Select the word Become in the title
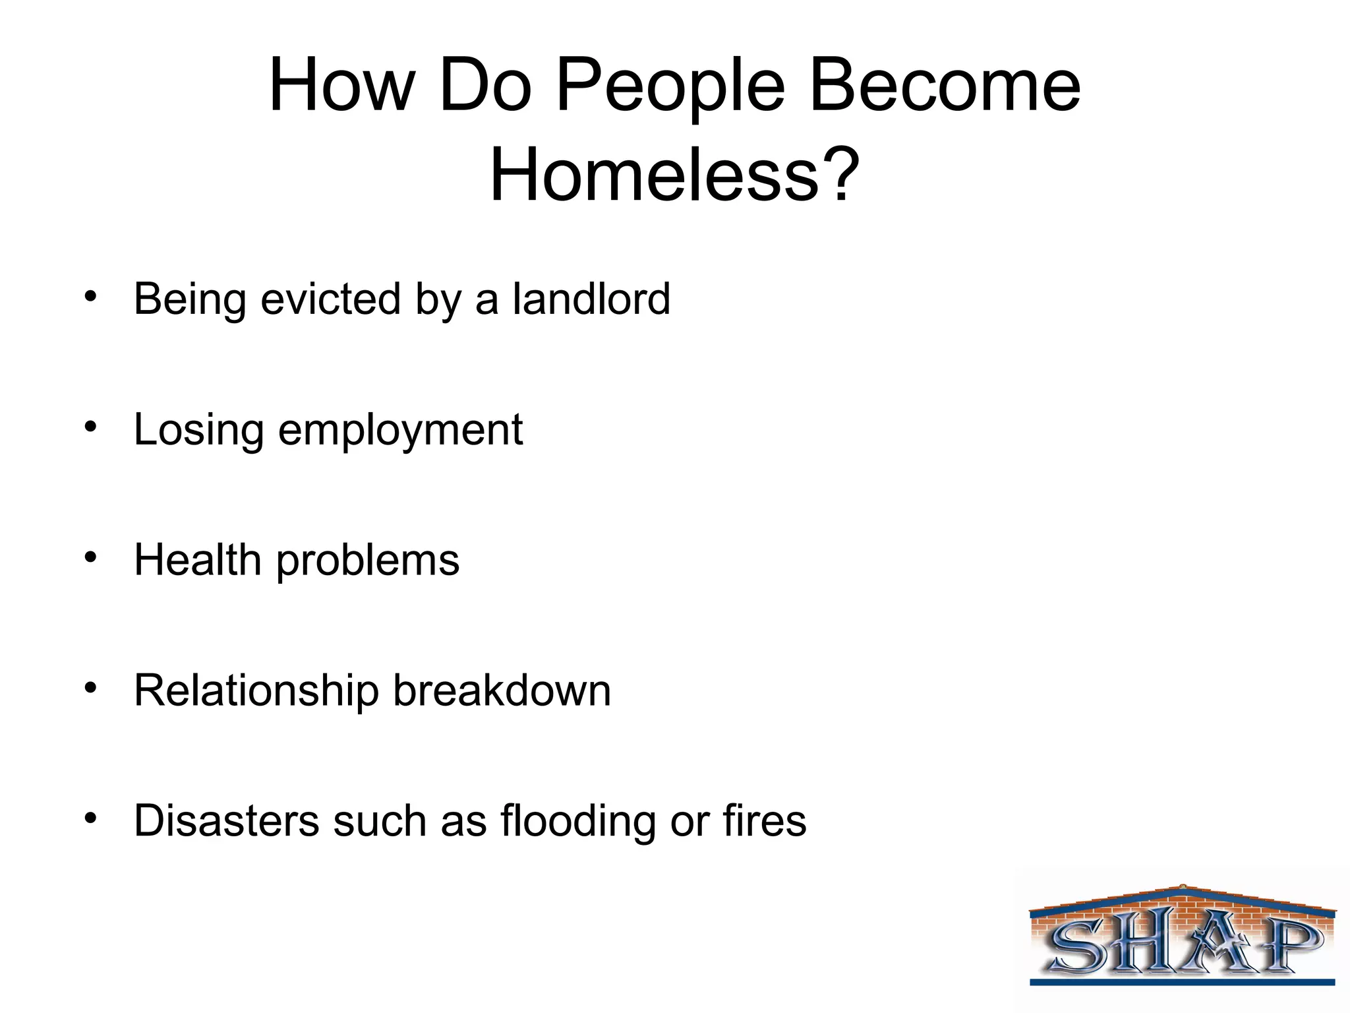[945, 86]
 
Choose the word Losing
[198, 431]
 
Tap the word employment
[401, 431]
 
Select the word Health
[197, 560]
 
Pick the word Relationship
[256, 691]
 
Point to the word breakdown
[502, 691]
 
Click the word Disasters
[226, 821]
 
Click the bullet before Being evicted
[90, 295]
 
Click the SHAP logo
[1183, 936]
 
